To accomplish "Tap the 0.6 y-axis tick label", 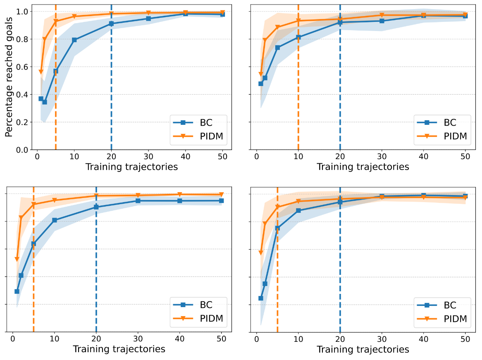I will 23,67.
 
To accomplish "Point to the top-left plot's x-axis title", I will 131,167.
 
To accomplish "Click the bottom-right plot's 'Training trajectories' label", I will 363,349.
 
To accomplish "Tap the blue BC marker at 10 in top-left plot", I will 74,40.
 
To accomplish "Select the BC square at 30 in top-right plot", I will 382,21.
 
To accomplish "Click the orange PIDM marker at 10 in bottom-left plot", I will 54,200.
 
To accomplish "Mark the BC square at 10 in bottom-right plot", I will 298,210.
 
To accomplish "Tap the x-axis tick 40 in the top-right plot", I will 423,157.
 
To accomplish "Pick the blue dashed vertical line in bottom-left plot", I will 96,269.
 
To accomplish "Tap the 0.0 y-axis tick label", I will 23,150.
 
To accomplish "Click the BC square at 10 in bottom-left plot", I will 54,220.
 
